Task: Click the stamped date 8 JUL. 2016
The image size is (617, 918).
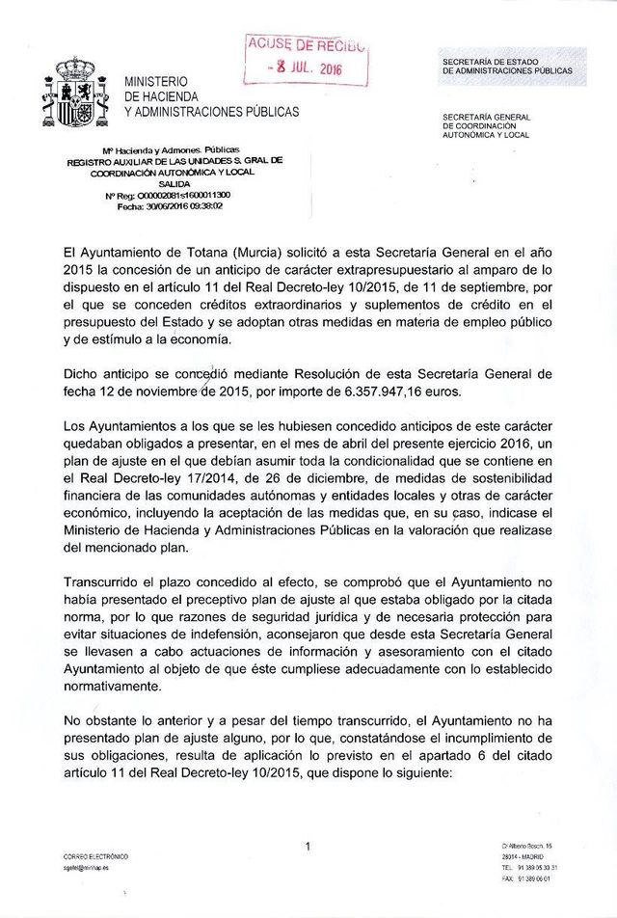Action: click(x=306, y=68)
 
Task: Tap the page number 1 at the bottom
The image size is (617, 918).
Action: click(x=307, y=847)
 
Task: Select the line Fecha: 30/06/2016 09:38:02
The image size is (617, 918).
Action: click(x=170, y=205)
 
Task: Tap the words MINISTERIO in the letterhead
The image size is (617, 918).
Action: click(x=156, y=81)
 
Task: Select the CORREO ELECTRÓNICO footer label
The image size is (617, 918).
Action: click(x=94, y=856)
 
